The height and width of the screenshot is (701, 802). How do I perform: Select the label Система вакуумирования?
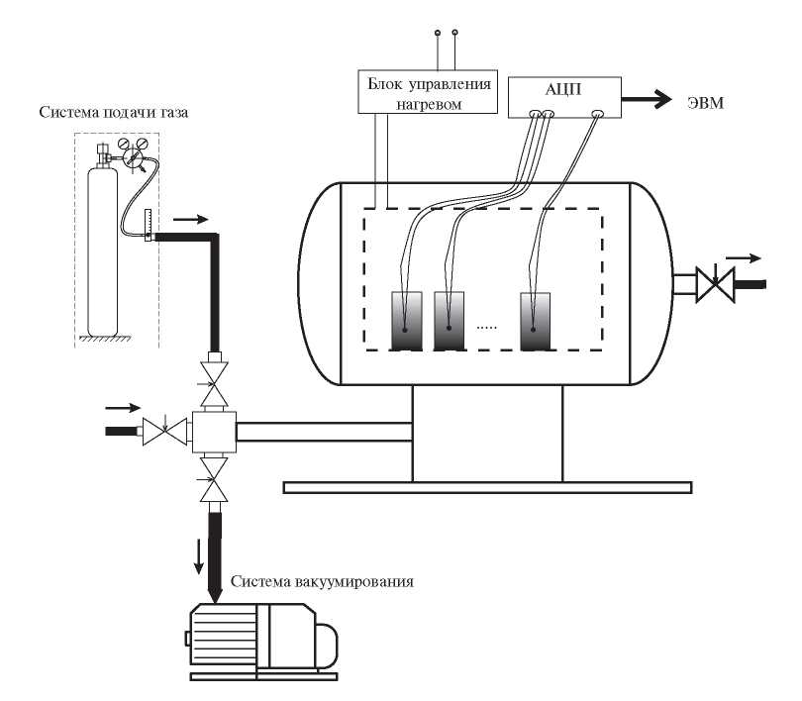(x=321, y=580)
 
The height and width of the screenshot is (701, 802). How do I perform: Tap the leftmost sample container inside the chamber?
(x=407, y=321)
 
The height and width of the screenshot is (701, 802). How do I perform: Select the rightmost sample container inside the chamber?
(x=540, y=321)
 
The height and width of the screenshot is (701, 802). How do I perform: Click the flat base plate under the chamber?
(x=486, y=486)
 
